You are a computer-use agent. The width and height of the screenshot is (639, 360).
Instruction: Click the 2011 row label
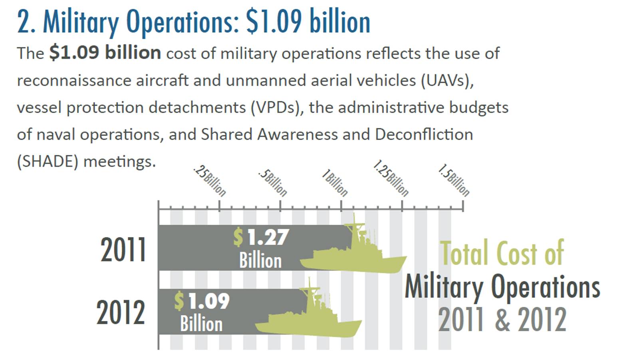(123, 250)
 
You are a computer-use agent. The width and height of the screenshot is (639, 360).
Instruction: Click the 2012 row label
(121, 313)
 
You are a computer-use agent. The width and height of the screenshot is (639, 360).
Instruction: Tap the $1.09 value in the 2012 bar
(202, 301)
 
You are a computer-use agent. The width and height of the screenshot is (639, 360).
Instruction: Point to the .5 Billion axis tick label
(273, 183)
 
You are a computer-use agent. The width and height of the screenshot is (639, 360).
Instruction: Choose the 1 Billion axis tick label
(335, 183)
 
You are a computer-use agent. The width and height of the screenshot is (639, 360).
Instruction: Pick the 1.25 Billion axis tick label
(391, 179)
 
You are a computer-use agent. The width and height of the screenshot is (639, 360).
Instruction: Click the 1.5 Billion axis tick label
(454, 180)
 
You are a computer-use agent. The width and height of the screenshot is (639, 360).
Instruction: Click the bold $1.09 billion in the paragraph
(105, 53)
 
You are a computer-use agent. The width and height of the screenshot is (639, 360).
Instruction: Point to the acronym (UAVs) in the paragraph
(447, 80)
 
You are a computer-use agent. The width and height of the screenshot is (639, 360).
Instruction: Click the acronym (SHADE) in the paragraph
(48, 161)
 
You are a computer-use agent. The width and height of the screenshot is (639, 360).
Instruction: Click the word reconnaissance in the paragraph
(74, 80)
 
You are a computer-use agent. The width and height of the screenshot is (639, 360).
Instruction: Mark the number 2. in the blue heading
(26, 22)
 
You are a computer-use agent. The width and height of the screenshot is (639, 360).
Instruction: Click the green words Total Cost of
(502, 253)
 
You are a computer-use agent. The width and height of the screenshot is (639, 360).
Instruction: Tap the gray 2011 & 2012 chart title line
(502, 320)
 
